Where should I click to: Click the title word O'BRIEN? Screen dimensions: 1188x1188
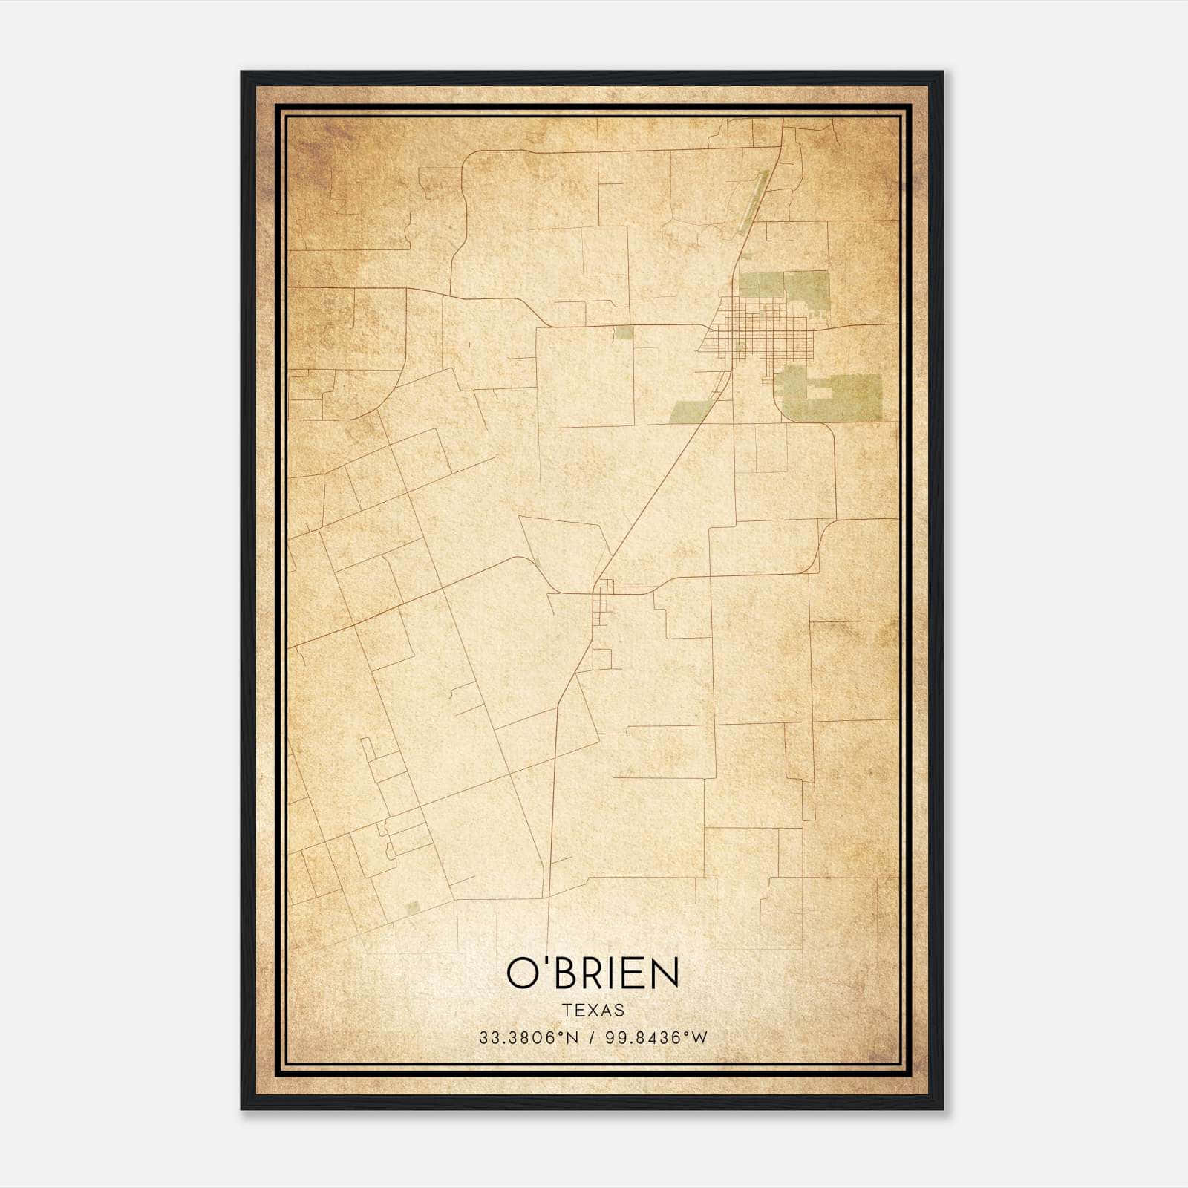593,973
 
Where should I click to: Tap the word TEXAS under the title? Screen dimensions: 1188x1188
593,1010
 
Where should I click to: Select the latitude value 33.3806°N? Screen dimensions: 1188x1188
528,1037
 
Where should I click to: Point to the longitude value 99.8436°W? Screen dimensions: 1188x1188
656,1037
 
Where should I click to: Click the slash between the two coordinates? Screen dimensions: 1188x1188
592,1037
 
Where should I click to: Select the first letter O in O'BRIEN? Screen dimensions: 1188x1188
524,973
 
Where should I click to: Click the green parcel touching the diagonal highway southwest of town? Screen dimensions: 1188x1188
692,411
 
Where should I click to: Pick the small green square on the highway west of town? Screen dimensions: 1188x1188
624,332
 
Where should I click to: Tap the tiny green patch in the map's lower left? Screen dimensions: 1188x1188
414,907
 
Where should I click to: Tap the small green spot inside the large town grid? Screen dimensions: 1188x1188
740,346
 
